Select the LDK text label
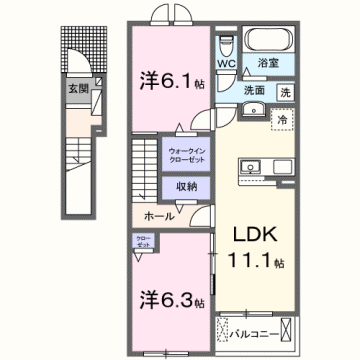click(254, 237)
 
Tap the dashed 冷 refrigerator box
click(283, 116)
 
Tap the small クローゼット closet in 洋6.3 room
click(144, 241)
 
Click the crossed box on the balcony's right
click(288, 327)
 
